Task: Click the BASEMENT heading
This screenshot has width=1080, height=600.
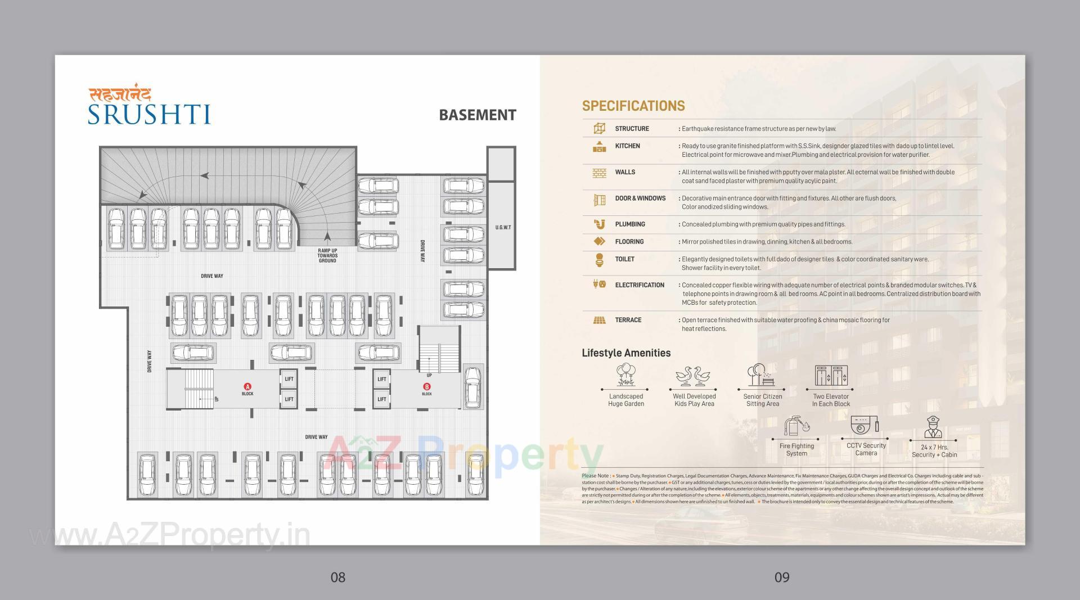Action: tap(477, 115)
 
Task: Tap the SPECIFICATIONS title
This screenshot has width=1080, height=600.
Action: tap(633, 106)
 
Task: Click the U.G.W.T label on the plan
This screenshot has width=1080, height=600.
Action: tap(503, 227)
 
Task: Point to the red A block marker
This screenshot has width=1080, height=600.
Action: tap(247, 386)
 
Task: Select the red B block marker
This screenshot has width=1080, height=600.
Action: tap(427, 386)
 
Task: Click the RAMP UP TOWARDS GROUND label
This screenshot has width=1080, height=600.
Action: tap(327, 256)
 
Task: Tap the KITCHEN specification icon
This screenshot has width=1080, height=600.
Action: tap(599, 147)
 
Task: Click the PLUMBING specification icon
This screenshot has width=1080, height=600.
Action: tap(599, 224)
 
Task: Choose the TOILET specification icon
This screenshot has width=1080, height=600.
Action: tap(599, 260)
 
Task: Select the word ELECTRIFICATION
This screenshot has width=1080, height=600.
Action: tap(640, 285)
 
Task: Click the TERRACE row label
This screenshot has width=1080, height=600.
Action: tap(628, 320)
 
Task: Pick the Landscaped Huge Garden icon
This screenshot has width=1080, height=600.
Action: tap(625, 375)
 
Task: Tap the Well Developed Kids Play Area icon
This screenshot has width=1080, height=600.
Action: tap(694, 376)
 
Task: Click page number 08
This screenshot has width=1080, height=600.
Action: tap(337, 577)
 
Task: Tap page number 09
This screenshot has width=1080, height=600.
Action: tap(782, 577)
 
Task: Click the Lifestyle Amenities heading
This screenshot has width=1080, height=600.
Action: tap(626, 353)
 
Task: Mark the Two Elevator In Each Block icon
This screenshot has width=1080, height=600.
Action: tap(831, 375)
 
